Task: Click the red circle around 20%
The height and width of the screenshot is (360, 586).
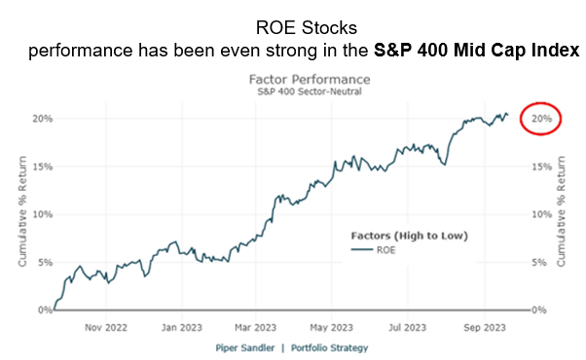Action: (543, 119)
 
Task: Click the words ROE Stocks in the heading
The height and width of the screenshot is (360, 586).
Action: (292, 28)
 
